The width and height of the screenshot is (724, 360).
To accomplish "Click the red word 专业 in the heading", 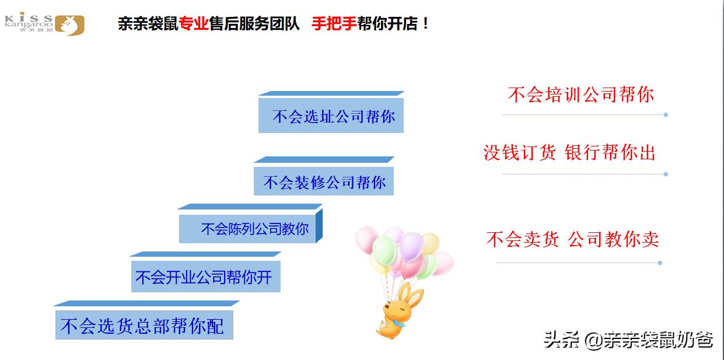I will (194, 24).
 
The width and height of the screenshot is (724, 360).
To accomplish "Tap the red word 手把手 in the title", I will (334, 24).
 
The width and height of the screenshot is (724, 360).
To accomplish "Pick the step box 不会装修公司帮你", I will (324, 182).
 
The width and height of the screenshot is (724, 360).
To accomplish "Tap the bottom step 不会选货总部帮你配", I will (144, 326).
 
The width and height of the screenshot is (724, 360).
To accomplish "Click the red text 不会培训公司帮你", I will (580, 95).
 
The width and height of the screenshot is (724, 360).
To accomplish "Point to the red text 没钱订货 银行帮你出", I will (569, 153).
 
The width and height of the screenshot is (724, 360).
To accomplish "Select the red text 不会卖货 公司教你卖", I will (572, 239).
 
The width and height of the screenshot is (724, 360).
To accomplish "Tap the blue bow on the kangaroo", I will (398, 320).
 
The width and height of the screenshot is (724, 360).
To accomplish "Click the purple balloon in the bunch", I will (412, 246).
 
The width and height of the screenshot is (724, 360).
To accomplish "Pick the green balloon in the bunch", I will (384, 250).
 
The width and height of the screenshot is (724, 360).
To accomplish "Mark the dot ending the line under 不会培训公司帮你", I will (666, 115).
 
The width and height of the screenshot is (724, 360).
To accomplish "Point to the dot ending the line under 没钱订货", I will (666, 174).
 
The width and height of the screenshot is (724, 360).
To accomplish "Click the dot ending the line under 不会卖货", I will (660, 263).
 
